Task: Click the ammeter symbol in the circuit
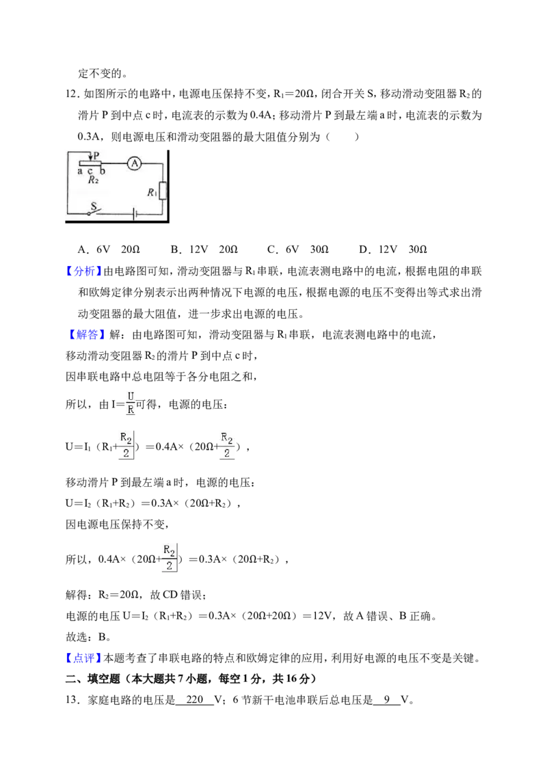[134, 163]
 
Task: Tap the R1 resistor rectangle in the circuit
[163, 191]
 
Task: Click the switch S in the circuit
[93, 211]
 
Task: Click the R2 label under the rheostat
[93, 181]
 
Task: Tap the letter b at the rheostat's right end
[102, 171]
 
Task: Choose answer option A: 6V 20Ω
[109, 250]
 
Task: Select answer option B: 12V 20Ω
[204, 250]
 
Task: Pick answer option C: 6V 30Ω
[297, 250]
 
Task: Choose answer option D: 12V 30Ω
[393, 250]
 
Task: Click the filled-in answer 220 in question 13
[195, 699]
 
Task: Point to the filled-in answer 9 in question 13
[386, 699]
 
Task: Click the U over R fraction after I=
[131, 403]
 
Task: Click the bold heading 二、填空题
[93, 679]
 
